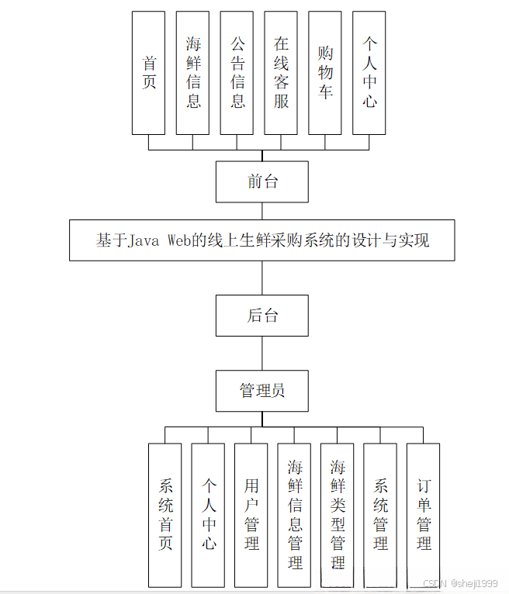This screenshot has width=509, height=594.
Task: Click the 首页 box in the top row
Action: pos(148,72)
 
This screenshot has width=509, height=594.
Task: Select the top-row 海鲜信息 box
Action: pos(192,72)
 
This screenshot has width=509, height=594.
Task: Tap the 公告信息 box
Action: pos(237,72)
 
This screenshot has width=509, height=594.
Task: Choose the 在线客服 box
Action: pos(281,72)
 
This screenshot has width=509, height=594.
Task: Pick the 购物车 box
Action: pos(325,72)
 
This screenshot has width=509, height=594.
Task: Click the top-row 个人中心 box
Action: pos(369,72)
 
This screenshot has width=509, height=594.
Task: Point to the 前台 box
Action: pos(262,181)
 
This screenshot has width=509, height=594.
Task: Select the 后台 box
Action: pos(262,316)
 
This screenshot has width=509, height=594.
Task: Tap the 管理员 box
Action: pos(262,391)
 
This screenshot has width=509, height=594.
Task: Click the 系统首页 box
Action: pos(165,514)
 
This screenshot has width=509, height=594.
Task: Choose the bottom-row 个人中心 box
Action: pos(209,514)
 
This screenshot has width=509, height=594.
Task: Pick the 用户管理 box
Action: pos(251,514)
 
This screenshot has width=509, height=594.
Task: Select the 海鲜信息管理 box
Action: pos(295,514)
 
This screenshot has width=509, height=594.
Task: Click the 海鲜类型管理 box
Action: pos(338,514)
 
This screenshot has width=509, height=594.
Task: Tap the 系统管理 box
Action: pos(380,514)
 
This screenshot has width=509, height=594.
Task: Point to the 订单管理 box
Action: pos(424,514)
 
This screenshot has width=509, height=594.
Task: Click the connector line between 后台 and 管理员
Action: pos(262,354)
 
